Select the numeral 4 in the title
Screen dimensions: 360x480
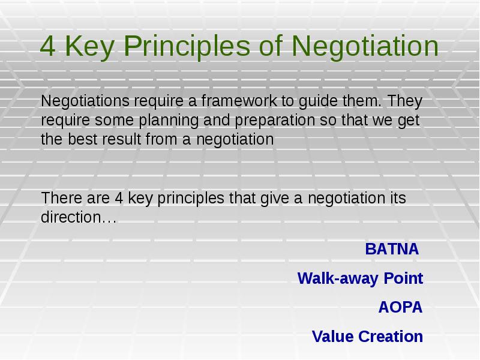[47, 47]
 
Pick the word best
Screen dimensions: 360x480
[79, 140]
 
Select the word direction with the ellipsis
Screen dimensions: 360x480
[78, 217]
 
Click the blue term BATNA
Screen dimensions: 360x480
[392, 249]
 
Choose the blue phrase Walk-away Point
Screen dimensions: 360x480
[360, 278]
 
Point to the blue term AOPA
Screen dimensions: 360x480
[400, 308]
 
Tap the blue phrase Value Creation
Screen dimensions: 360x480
[367, 337]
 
